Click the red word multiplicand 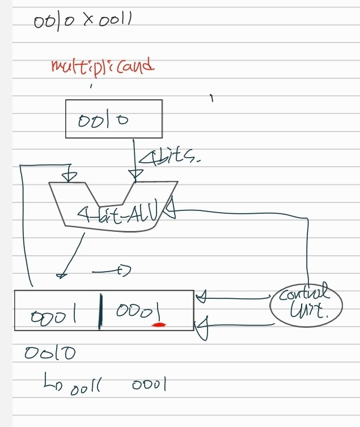102,67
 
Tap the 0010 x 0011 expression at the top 83,22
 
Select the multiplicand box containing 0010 113,119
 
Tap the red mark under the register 160,325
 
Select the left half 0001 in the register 54,314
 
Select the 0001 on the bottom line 148,386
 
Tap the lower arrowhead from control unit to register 200,328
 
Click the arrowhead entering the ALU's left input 69,173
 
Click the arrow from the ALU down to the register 71,255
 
